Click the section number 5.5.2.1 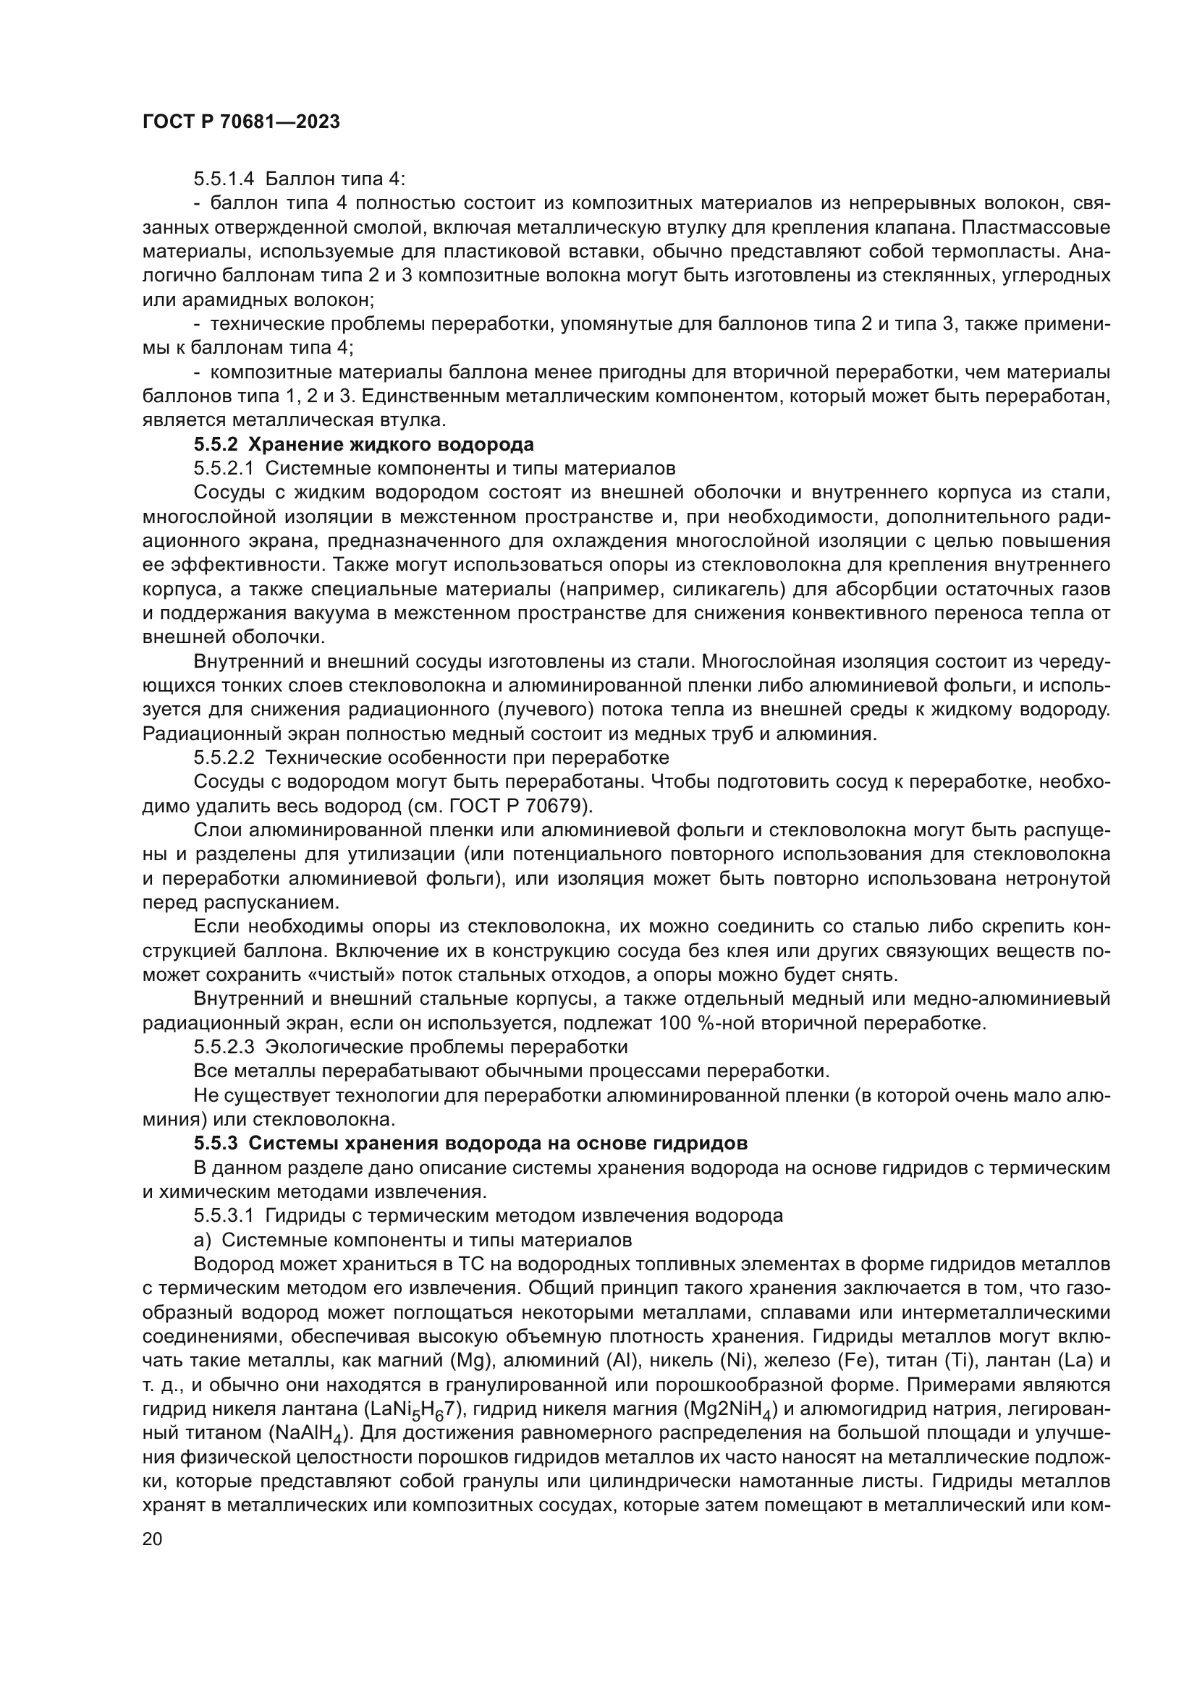tap(224, 469)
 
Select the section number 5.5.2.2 tap(224, 757)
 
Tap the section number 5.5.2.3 tap(224, 1047)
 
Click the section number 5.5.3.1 tap(224, 1215)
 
